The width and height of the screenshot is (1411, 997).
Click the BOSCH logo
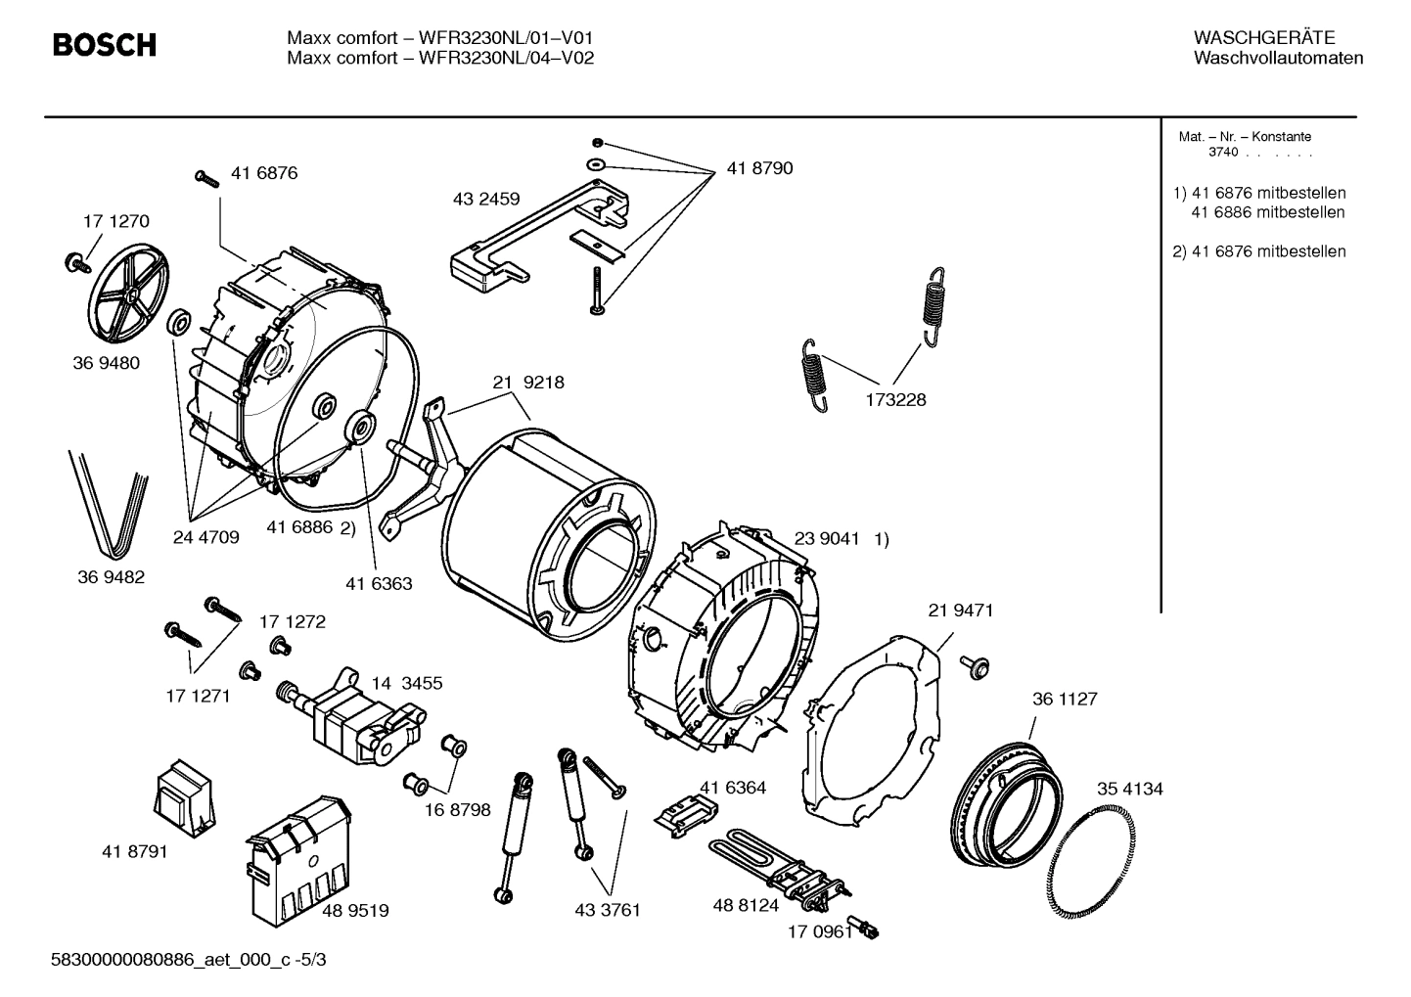104,45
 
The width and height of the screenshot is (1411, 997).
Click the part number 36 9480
106,363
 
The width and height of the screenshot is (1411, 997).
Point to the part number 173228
894,400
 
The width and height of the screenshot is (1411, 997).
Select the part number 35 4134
1129,789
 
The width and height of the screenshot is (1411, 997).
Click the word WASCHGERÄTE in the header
1263,38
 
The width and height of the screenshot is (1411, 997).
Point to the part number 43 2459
486,199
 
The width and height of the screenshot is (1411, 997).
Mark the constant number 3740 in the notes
1222,153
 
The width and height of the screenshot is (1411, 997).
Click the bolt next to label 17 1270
74,261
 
